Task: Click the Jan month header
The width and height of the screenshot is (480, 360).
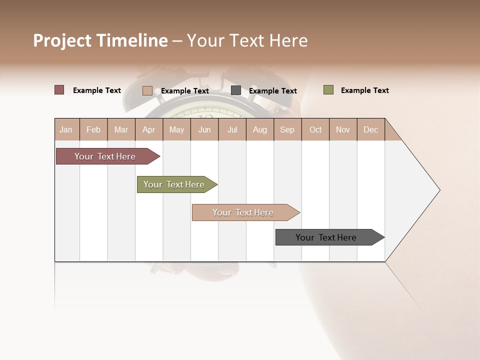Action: coord(66,129)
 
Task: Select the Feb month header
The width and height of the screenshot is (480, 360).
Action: coord(93,129)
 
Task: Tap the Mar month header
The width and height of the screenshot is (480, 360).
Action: coord(121,129)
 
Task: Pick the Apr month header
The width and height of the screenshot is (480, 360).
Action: coord(149,129)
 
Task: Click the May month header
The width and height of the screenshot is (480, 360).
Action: coord(176,129)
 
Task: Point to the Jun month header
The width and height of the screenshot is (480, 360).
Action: coord(204,129)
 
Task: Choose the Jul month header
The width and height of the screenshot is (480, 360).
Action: coord(232,129)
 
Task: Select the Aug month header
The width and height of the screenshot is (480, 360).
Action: coord(260,129)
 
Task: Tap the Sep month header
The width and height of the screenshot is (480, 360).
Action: coord(287,129)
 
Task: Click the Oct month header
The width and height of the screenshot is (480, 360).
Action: coord(315,129)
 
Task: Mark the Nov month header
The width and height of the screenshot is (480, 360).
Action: coord(343,129)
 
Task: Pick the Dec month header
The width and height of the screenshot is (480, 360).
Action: coord(371,129)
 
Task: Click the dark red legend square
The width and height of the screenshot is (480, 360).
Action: coord(59,90)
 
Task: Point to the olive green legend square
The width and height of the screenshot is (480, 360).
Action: coord(328,90)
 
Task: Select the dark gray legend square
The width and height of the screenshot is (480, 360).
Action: coord(236,90)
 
